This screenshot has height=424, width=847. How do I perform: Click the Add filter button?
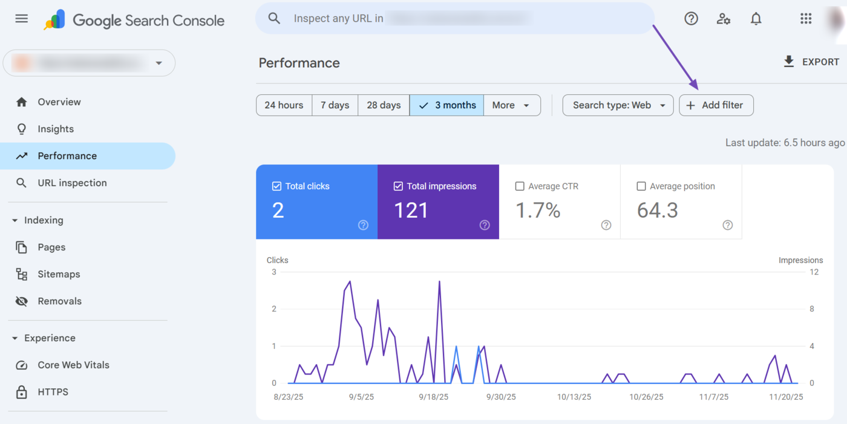pos(716,105)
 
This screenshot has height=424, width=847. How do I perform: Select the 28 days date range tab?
pos(384,105)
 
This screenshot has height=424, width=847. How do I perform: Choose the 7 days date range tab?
pos(335,105)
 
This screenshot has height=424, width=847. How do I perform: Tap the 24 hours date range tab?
pos(284,105)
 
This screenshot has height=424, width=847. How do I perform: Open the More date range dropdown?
pos(511,105)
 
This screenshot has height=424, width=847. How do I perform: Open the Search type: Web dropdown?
pos(618,105)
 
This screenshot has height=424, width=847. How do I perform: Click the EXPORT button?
pos(811,62)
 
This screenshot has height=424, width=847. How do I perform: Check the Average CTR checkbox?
pos(520,186)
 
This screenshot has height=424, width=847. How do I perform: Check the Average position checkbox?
pos(641,186)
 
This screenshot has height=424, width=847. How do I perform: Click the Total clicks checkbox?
pos(277,186)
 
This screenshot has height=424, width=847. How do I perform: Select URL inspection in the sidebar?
pos(72,183)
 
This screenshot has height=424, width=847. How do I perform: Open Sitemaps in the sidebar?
pos(59,274)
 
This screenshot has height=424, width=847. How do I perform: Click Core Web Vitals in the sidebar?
pos(73,365)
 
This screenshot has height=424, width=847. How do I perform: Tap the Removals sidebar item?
pos(59,301)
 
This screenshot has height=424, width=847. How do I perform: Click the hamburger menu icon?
pos(22,19)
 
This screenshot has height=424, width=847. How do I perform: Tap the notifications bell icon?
pos(756,19)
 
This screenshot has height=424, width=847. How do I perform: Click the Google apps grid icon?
pos(805,19)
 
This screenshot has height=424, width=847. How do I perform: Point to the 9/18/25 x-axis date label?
pos(433,397)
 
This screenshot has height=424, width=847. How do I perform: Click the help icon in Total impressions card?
pos(485,225)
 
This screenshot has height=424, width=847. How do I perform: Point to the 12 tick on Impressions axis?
pos(814,272)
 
